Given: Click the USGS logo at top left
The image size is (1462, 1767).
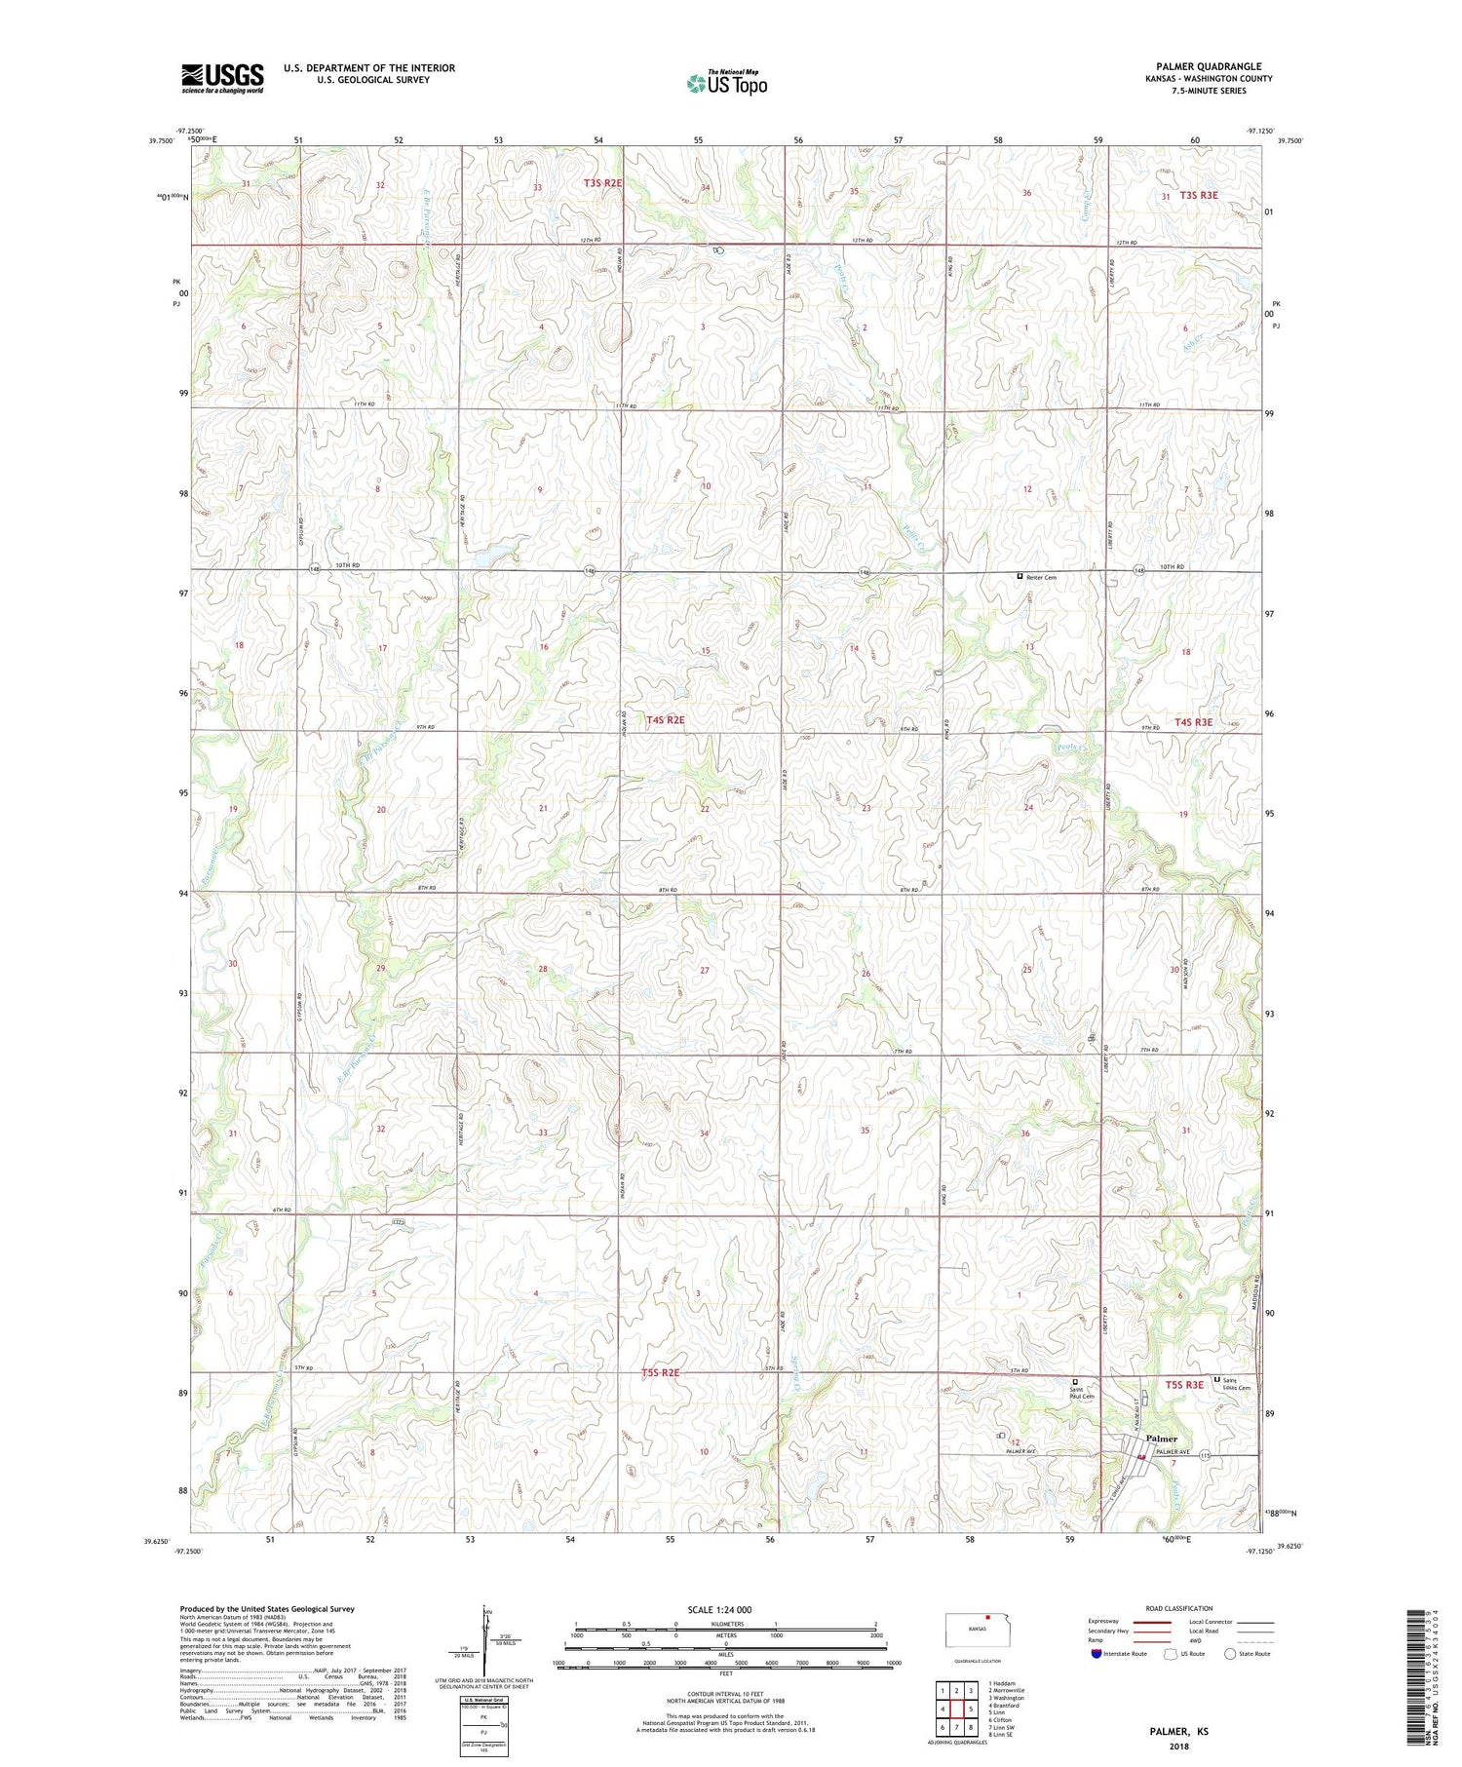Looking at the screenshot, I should point(222,78).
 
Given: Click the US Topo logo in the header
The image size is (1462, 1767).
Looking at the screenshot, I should point(726,84).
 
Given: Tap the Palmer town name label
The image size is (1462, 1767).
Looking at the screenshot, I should point(1161,1439).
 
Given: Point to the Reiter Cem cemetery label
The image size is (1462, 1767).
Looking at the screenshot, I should point(1041,577).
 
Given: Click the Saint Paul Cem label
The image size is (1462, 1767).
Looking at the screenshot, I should point(1083,1393).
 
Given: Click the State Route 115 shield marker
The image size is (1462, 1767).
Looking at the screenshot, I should point(1204,1455).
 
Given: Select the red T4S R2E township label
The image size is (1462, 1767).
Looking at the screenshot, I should point(666,720).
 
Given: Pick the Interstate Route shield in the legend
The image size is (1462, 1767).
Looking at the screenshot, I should point(1096,1654).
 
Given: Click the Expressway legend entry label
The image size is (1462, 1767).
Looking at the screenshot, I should point(1103,1622).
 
